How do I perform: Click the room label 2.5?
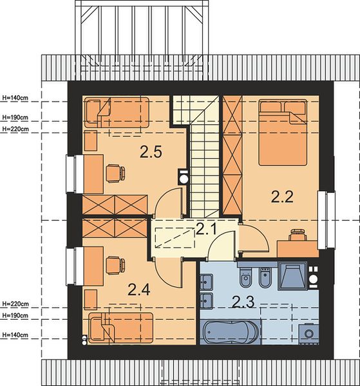[151, 152]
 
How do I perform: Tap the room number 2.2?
[282, 197]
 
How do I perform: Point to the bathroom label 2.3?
[243, 302]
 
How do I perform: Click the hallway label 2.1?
[207, 229]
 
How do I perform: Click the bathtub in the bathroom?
[231, 331]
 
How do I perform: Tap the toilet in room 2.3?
[246, 277]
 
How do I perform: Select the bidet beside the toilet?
[265, 277]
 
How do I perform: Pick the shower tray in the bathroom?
[292, 276]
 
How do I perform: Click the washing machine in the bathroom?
[308, 333]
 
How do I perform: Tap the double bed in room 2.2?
[283, 133]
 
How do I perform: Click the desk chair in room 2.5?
[115, 173]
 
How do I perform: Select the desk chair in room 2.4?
[115, 265]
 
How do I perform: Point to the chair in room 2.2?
[298, 234]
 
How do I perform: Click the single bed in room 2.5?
[117, 112]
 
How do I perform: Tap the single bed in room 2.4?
[120, 328]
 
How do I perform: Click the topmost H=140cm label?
[15, 98]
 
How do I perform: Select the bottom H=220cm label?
[15, 304]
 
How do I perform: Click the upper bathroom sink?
[206, 282]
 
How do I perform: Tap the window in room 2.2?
[327, 220]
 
